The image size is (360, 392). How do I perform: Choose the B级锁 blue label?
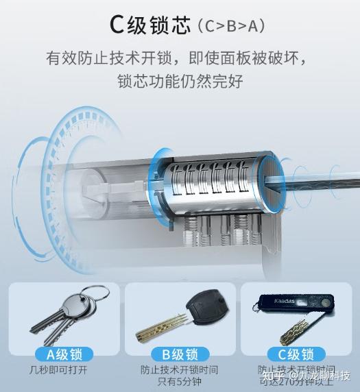(180, 354)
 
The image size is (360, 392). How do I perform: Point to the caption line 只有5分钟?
(180, 382)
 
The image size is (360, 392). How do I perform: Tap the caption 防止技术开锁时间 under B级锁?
(180, 370)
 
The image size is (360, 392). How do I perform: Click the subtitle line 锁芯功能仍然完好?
(180, 82)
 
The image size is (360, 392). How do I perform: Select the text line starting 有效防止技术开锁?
(180, 56)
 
